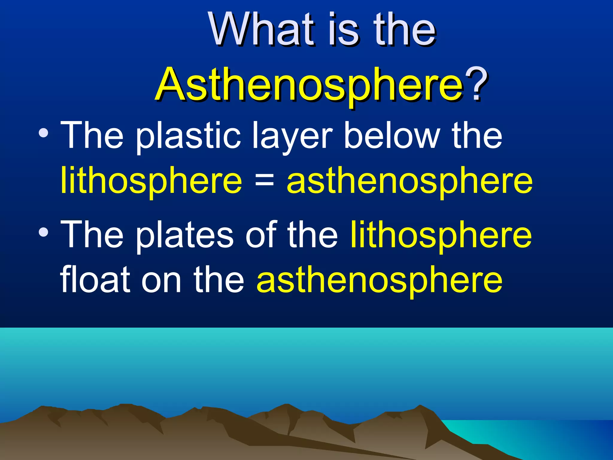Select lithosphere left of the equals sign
click(151, 181)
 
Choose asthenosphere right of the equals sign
click(409, 181)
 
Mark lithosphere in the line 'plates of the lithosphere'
click(441, 235)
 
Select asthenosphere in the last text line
click(380, 280)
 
